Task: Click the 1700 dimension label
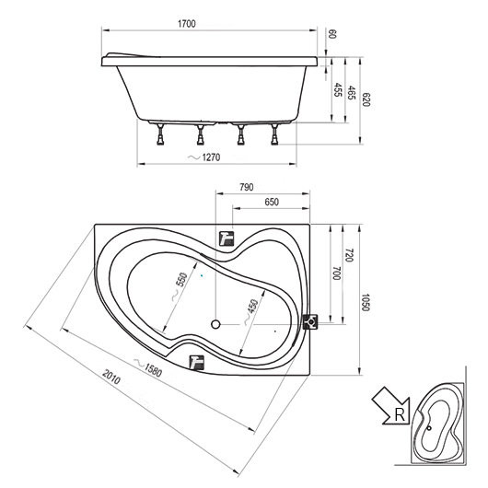pos(187,24)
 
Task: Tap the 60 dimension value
pos(332,34)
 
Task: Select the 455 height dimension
pos(337,90)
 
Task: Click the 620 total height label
pos(366,99)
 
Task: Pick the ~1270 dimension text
pos(203,157)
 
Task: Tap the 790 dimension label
pos(247,187)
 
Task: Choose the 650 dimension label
pos(272,203)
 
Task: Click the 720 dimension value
pos(349,255)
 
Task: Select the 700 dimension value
pos(336,273)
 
